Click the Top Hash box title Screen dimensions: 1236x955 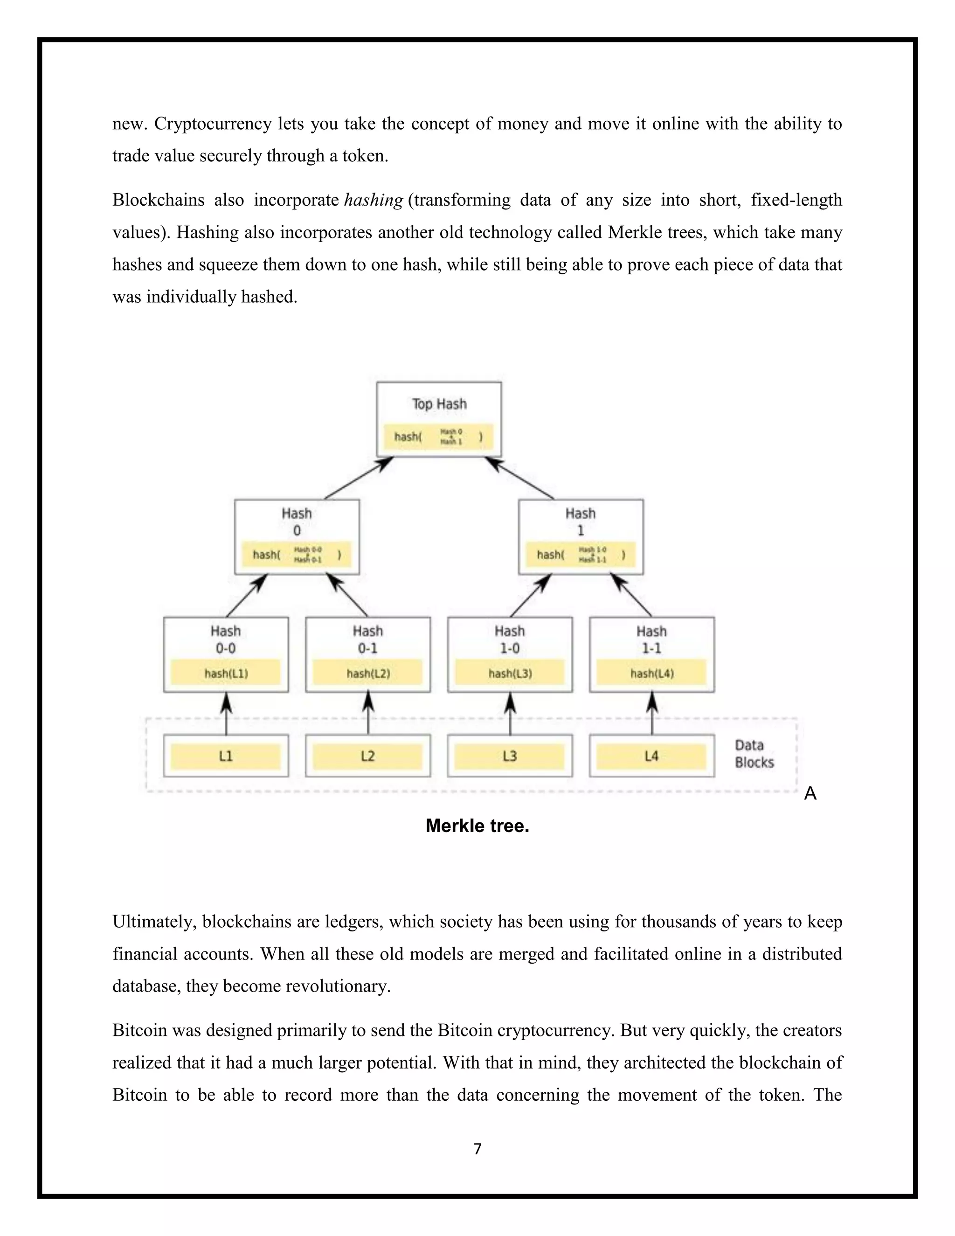(439, 404)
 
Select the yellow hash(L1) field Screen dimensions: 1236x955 (226, 674)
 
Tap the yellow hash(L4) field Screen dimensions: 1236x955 (652, 674)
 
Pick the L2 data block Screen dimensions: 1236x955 (368, 756)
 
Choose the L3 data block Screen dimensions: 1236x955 (510, 756)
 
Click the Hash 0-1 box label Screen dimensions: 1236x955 (368, 639)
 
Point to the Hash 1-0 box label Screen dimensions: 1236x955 (510, 639)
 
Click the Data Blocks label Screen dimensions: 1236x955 (754, 754)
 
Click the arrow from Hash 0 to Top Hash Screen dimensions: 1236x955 (359, 478)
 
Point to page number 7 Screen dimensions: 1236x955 (477, 1149)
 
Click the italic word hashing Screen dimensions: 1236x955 (374, 200)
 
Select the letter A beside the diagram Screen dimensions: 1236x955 (810, 794)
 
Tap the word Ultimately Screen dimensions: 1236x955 (154, 922)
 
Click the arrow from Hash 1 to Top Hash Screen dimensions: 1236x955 (519, 478)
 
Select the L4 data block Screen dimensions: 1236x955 (652, 756)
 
